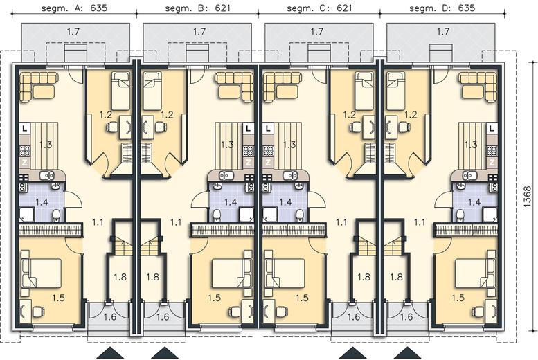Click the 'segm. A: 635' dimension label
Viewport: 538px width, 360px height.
pyautogui.click(x=75, y=8)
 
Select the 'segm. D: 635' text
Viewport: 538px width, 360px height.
pyautogui.click(x=442, y=8)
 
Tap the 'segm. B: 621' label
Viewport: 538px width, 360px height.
pyautogui.click(x=197, y=8)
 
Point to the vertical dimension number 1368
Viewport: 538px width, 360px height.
pyautogui.click(x=528, y=197)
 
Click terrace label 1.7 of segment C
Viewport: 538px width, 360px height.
pyautogui.click(x=316, y=32)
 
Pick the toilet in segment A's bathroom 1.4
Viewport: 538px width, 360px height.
pyautogui.click(x=56, y=216)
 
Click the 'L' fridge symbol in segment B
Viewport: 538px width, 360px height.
pyautogui.click(x=249, y=129)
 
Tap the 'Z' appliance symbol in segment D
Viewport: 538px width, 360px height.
pyautogui.click(x=492, y=163)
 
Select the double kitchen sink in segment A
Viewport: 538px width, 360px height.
pyautogui.click(x=46, y=176)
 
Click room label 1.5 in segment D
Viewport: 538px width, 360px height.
pyautogui.click(x=458, y=298)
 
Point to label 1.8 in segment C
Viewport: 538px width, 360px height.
pyautogui.click(x=364, y=277)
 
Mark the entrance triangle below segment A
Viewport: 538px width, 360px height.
pyautogui.click(x=111, y=353)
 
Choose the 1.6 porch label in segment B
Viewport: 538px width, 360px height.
pyautogui.click(x=163, y=316)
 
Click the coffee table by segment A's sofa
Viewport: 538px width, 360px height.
pyautogui.click(x=43, y=92)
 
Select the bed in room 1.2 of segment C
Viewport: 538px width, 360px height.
pyautogui.click(x=363, y=91)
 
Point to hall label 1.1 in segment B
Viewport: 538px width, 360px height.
pyautogui.click(x=176, y=222)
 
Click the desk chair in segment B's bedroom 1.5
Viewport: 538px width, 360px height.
pyautogui.click(x=235, y=312)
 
